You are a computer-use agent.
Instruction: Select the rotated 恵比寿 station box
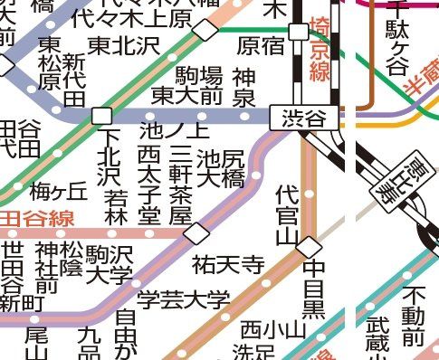pyautogui.click(x=393, y=178)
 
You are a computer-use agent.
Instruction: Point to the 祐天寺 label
pyautogui.click(x=228, y=265)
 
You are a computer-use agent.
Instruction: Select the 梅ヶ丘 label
pyautogui.click(x=59, y=191)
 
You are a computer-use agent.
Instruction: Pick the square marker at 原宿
pyautogui.click(x=297, y=33)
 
